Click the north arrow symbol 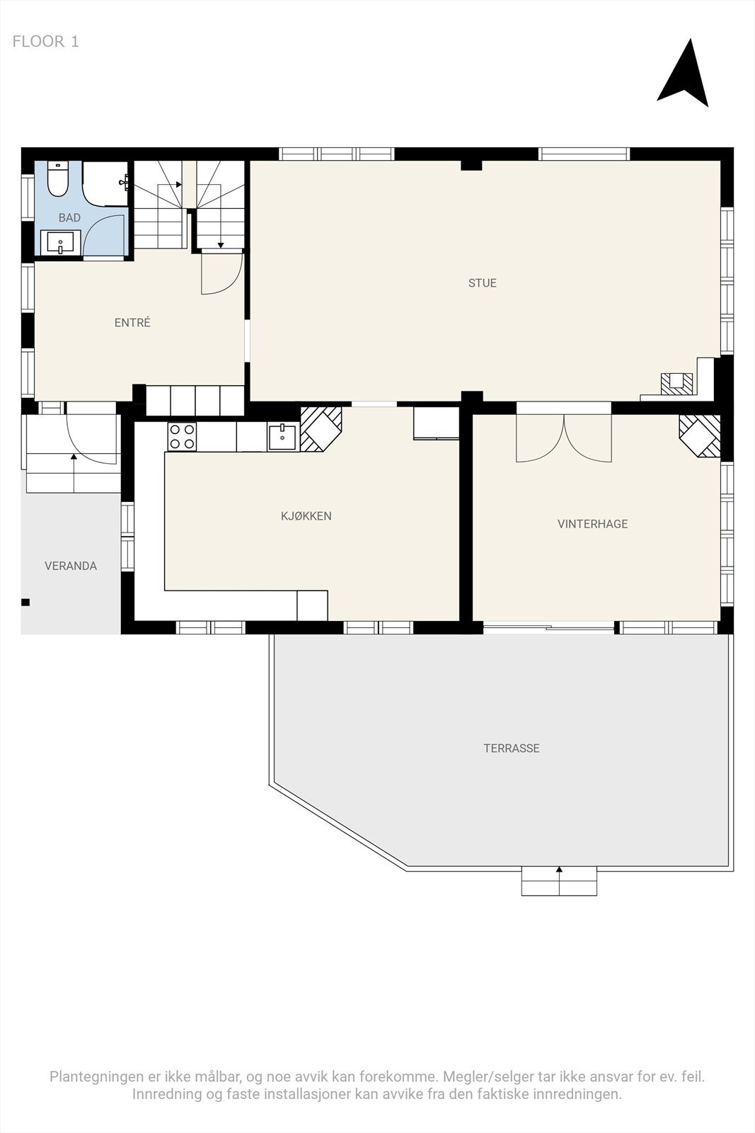click(x=684, y=76)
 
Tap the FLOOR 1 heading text click(x=45, y=42)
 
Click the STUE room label click(x=482, y=283)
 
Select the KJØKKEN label click(x=306, y=516)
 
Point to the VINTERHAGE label click(x=593, y=524)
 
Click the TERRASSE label click(x=512, y=748)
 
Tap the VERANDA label click(x=71, y=566)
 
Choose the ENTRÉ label click(x=132, y=322)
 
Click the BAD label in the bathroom click(x=69, y=217)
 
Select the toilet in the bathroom click(x=57, y=179)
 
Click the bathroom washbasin click(x=60, y=242)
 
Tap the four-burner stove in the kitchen click(x=182, y=436)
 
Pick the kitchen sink click(x=282, y=436)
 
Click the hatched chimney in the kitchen click(x=321, y=429)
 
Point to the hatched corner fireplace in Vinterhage click(x=700, y=435)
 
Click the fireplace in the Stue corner click(x=677, y=383)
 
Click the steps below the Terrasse click(x=559, y=881)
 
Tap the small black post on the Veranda click(x=25, y=603)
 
